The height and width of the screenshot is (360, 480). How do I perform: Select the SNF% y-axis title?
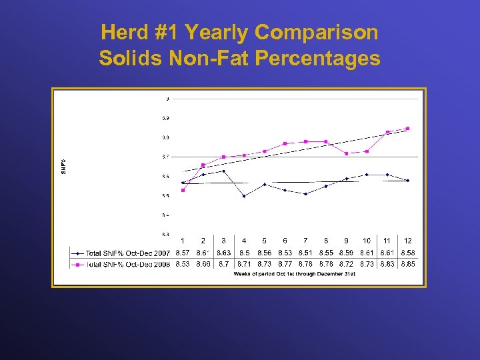(64, 167)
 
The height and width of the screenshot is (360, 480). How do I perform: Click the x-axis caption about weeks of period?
(294, 274)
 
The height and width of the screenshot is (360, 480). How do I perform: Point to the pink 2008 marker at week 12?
(407, 129)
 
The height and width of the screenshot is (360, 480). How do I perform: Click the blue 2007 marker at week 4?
(244, 196)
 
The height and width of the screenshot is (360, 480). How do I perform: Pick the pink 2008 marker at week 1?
(183, 190)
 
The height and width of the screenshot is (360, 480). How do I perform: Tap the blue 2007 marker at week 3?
(223, 171)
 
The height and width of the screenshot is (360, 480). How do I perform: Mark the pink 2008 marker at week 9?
(346, 153)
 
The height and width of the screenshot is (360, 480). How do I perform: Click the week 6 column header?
(285, 240)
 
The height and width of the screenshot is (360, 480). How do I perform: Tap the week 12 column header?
(407, 240)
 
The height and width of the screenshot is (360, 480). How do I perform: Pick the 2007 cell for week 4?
(244, 253)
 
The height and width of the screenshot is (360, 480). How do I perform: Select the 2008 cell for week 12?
(407, 264)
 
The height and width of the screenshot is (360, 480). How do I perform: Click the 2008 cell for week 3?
(223, 264)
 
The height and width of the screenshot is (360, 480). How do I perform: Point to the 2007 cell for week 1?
(183, 253)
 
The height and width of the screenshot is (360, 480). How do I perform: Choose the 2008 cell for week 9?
(346, 264)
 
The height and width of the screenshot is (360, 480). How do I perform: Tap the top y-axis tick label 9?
(167, 99)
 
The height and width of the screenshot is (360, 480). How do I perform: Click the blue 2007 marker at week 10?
(367, 175)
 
